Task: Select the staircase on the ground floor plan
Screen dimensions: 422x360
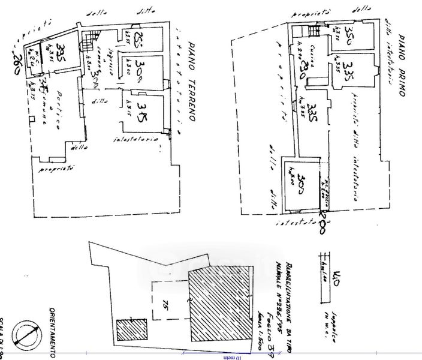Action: (88, 41)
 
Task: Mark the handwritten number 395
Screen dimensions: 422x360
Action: (60, 49)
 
